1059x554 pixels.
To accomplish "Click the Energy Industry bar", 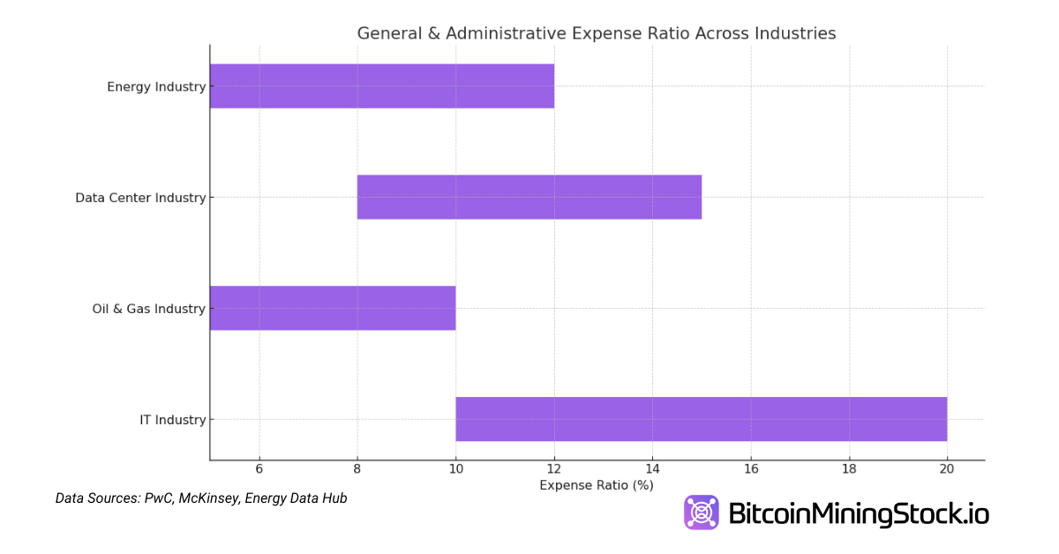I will [x=382, y=86].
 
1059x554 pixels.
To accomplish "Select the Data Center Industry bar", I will [x=529, y=198].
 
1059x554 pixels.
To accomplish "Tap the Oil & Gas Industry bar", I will [x=333, y=309].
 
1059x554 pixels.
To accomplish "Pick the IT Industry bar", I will [x=702, y=420].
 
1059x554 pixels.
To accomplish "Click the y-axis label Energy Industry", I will [x=156, y=87].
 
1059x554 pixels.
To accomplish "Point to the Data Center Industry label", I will [x=140, y=198].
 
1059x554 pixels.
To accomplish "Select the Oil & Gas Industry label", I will [x=148, y=310].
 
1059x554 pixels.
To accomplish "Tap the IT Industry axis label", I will [x=172, y=421].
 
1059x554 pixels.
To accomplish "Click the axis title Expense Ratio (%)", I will [x=597, y=486].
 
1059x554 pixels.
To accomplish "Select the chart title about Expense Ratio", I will [x=597, y=34].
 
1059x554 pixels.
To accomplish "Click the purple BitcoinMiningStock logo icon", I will [x=702, y=513].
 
